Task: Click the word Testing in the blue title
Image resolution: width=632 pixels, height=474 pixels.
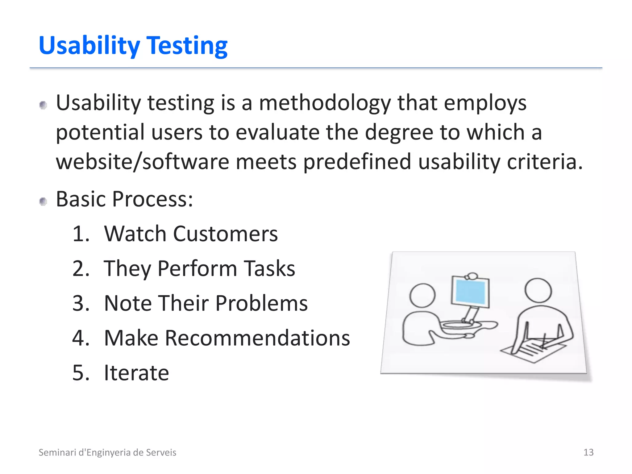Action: pyautogui.click(x=187, y=46)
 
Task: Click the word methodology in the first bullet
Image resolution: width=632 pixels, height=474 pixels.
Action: pyautogui.click(x=325, y=103)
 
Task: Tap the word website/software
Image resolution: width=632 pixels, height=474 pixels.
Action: pyautogui.click(x=142, y=162)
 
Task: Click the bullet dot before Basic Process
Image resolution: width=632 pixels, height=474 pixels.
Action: pyautogui.click(x=43, y=202)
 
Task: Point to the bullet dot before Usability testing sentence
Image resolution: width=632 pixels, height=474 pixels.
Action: pyautogui.click(x=43, y=106)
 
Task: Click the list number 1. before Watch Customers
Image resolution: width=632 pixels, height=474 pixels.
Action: pyautogui.click(x=81, y=234)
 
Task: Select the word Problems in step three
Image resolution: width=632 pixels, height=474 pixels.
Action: pyautogui.click(x=261, y=303)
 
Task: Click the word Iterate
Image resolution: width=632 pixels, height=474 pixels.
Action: pyautogui.click(x=136, y=373)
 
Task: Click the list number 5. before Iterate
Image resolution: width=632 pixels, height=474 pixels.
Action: pyautogui.click(x=81, y=373)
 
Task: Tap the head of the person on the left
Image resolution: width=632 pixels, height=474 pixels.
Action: pyautogui.click(x=422, y=296)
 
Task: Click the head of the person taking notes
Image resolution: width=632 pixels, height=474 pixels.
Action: pyautogui.click(x=538, y=290)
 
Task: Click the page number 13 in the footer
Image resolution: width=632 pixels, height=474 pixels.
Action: pyautogui.click(x=588, y=452)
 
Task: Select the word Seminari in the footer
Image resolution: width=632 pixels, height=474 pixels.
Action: pyautogui.click(x=57, y=452)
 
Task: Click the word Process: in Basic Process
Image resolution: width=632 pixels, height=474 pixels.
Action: pyautogui.click(x=152, y=199)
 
